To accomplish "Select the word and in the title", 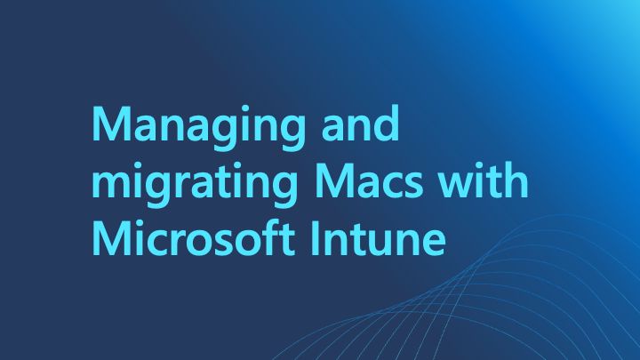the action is (360, 123).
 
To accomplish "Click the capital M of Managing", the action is (111, 124).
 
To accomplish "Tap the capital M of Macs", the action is (334, 180).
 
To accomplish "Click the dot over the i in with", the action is (480, 166).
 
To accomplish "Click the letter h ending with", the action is (517, 180).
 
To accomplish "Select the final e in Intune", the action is (433, 243).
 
